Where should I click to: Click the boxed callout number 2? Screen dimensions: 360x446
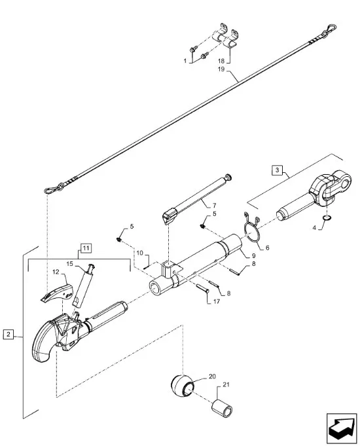(x=9, y=334)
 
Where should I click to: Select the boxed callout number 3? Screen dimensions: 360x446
(x=278, y=170)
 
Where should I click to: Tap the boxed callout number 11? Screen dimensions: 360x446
(x=86, y=248)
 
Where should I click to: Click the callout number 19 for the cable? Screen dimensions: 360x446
(x=221, y=69)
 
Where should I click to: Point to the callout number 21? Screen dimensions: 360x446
(x=226, y=385)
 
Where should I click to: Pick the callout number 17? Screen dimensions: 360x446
(x=217, y=301)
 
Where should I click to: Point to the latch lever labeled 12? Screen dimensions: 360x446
(x=58, y=292)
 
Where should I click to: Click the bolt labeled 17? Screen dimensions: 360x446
(x=203, y=289)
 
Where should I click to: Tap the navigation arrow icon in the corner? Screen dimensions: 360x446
(x=342, y=428)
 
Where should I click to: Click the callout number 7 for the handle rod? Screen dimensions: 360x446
(x=214, y=206)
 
